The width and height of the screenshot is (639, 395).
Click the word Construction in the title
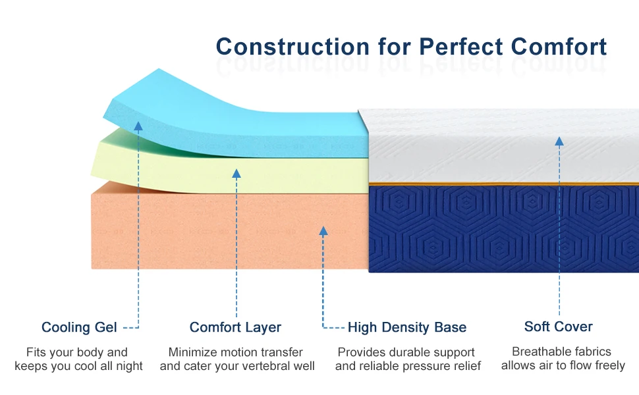tap(292, 47)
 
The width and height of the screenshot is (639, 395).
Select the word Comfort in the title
tap(559, 47)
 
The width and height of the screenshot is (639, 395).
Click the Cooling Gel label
tap(79, 327)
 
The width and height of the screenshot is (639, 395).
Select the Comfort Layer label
tap(235, 327)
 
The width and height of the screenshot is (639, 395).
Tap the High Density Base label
tap(406, 327)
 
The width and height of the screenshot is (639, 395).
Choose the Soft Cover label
tap(559, 327)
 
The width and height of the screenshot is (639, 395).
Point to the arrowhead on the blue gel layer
tap(138, 126)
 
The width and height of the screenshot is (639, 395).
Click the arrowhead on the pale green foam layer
tap(236, 174)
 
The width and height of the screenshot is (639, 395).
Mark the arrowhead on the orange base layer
tap(323, 231)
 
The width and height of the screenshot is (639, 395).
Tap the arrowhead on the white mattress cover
tap(559, 142)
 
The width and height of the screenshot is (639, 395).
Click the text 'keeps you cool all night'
tap(78, 366)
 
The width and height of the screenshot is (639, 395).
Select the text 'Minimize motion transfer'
tap(236, 352)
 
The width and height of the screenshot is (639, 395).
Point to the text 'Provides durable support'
tap(406, 352)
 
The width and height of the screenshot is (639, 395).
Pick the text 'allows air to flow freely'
tap(563, 365)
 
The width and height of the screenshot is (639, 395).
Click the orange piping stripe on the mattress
tap(504, 184)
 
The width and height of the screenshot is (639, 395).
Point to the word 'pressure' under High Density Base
tap(428, 366)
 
